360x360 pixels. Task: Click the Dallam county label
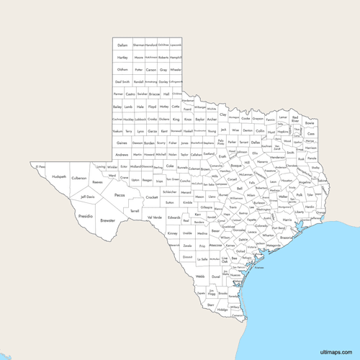(122, 45)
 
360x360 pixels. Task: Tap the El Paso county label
(42, 166)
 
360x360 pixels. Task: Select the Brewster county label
(107, 220)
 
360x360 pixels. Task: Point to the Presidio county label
(86, 215)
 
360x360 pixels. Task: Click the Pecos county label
(120, 194)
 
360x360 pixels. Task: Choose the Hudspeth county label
(59, 176)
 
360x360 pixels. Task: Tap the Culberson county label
(79, 177)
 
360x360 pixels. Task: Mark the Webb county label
(199, 276)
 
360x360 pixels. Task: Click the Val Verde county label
(154, 217)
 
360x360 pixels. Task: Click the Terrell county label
(135, 211)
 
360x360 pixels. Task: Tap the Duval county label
(215, 275)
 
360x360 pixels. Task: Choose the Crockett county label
(151, 197)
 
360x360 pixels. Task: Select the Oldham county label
(122, 70)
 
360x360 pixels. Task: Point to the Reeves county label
(97, 182)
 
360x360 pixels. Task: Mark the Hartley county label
(122, 58)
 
